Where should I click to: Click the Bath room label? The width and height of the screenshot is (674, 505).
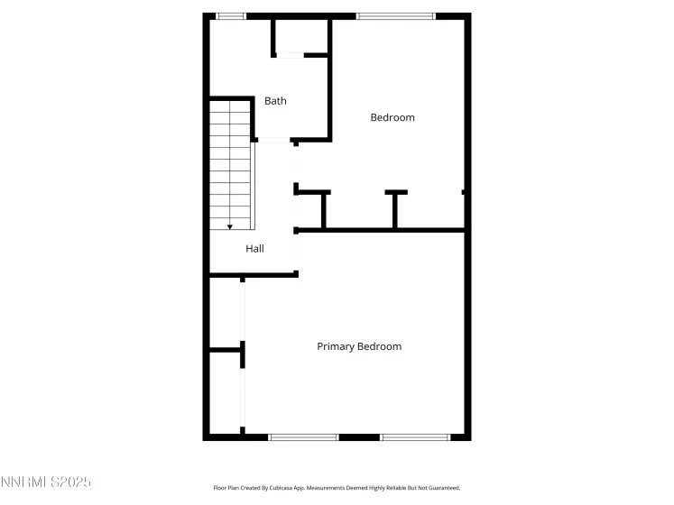pyautogui.click(x=275, y=101)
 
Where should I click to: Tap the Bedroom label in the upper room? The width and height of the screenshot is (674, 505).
pyautogui.click(x=392, y=117)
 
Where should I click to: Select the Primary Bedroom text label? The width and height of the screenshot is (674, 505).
pyautogui.click(x=359, y=346)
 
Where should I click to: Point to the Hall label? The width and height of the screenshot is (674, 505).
pyautogui.click(x=255, y=248)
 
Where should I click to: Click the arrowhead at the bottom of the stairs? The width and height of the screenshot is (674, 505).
pyautogui.click(x=230, y=227)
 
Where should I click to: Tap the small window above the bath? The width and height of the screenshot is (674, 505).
pyautogui.click(x=231, y=16)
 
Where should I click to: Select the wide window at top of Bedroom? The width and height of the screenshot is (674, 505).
pyautogui.click(x=396, y=16)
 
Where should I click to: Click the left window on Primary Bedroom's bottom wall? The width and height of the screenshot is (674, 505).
pyautogui.click(x=303, y=437)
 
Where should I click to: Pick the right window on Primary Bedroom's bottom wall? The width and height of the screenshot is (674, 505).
pyautogui.click(x=415, y=437)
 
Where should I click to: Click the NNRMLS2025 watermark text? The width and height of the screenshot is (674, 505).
pyautogui.click(x=45, y=482)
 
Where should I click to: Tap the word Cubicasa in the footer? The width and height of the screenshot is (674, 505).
pyautogui.click(x=280, y=488)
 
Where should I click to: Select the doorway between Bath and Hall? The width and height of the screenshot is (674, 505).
pyautogui.click(x=273, y=140)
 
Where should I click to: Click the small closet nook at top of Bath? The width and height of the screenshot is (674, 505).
pyautogui.click(x=301, y=36)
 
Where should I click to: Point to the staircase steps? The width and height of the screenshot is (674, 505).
pyautogui.click(x=230, y=165)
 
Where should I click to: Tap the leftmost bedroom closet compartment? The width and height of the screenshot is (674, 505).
pyautogui.click(x=309, y=211)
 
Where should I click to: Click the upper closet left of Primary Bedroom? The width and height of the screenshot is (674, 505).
pyautogui.click(x=225, y=313)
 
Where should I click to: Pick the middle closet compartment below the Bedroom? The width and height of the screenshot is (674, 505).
pyautogui.click(x=359, y=211)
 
